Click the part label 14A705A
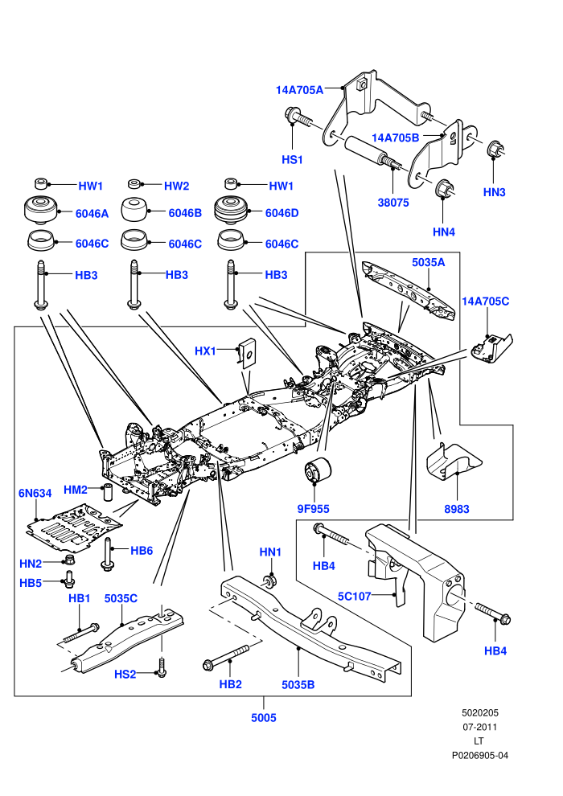(x=299, y=90)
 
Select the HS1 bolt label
(x=292, y=159)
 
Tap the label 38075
(x=393, y=202)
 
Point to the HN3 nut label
(x=494, y=192)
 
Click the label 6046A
(x=92, y=214)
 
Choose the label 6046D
(x=281, y=213)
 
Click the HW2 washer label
(x=176, y=186)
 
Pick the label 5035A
(x=428, y=262)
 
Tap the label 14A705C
(x=485, y=301)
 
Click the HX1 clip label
(x=205, y=351)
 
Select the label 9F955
(x=313, y=509)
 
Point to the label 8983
(x=456, y=509)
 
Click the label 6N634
(x=35, y=493)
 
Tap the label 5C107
(x=355, y=596)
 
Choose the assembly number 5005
(x=264, y=717)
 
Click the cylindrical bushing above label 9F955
(x=317, y=470)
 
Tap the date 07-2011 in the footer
(x=479, y=727)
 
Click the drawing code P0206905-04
(x=479, y=755)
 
